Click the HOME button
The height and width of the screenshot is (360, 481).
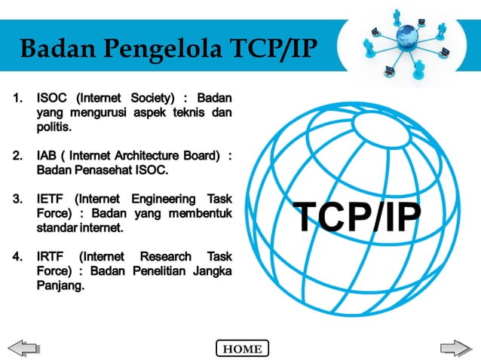(x=242, y=349)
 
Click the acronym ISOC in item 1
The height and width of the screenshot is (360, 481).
(x=51, y=98)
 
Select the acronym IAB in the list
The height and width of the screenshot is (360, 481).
(x=48, y=156)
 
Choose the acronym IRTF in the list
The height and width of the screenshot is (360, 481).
(x=51, y=256)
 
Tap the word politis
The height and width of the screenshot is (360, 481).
(x=54, y=128)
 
